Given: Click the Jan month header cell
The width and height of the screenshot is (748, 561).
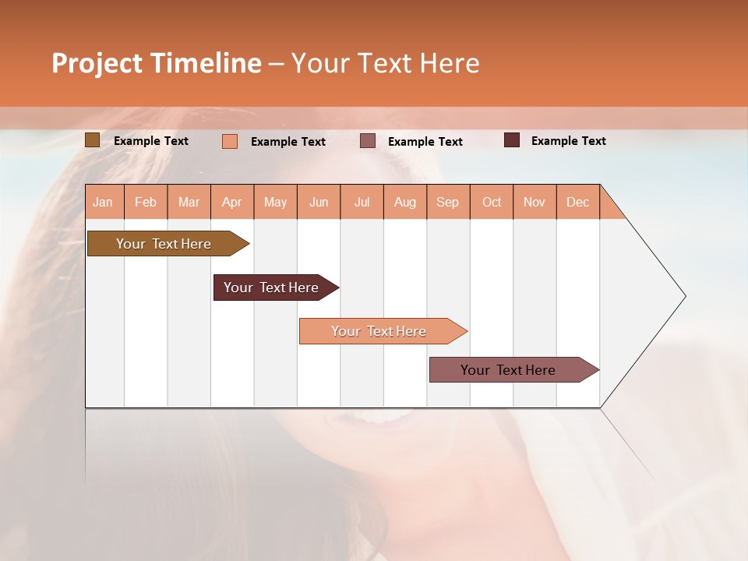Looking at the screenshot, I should click(x=104, y=202).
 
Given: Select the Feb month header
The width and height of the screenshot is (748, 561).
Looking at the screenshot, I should click(x=146, y=202).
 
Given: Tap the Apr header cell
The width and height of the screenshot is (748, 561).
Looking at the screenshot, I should click(x=232, y=202).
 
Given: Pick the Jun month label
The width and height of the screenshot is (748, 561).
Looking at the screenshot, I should click(x=319, y=202).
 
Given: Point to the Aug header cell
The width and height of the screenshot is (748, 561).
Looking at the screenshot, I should click(x=405, y=202).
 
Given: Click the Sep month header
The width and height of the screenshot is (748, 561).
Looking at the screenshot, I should click(x=448, y=202).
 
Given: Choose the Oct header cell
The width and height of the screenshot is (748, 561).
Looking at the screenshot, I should click(x=492, y=202).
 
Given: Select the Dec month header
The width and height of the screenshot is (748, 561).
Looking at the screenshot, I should click(x=578, y=202).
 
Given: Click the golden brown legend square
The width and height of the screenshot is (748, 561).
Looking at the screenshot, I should click(x=92, y=140).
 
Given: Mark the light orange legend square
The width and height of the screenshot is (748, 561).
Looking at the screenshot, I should click(x=230, y=141).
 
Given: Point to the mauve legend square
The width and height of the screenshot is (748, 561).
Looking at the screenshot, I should click(x=368, y=141).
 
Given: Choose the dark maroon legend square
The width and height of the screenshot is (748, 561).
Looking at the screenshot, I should click(x=512, y=140).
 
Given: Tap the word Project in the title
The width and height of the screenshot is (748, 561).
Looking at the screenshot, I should click(x=97, y=63).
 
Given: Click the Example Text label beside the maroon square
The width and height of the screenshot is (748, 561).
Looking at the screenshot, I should click(x=568, y=141).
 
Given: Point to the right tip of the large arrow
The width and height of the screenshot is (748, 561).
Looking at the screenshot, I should click(x=684, y=296).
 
